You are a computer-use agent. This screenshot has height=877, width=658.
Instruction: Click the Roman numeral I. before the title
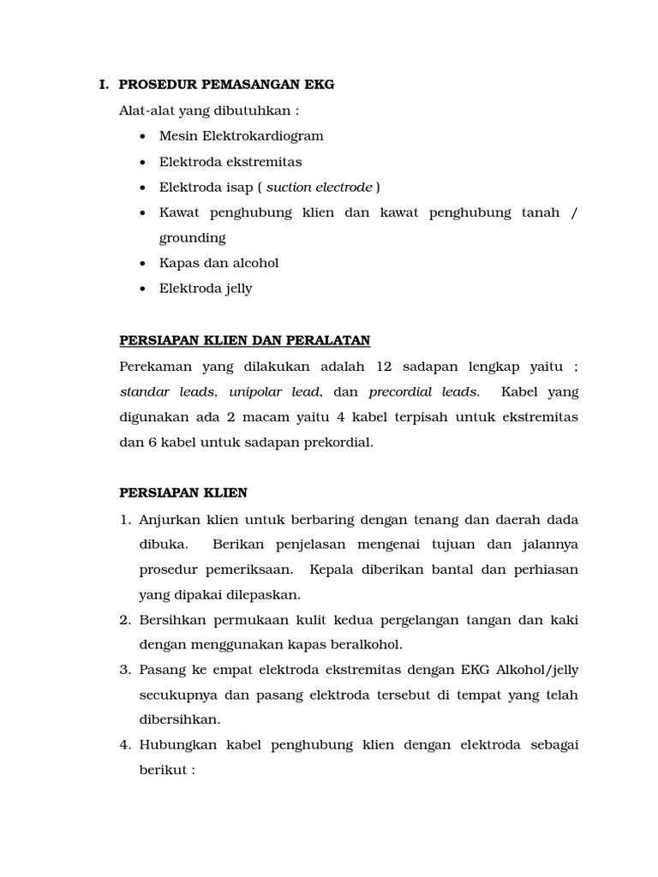click(104, 85)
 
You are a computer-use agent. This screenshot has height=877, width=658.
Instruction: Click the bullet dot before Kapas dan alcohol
click(141, 264)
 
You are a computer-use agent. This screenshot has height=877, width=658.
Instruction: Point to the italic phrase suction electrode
click(319, 188)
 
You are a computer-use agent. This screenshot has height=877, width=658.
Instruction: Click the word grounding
click(192, 238)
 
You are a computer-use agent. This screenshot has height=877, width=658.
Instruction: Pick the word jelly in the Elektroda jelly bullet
click(236, 289)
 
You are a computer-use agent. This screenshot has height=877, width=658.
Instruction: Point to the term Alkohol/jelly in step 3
click(535, 671)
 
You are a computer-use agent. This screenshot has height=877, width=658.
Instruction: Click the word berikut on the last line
click(163, 770)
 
